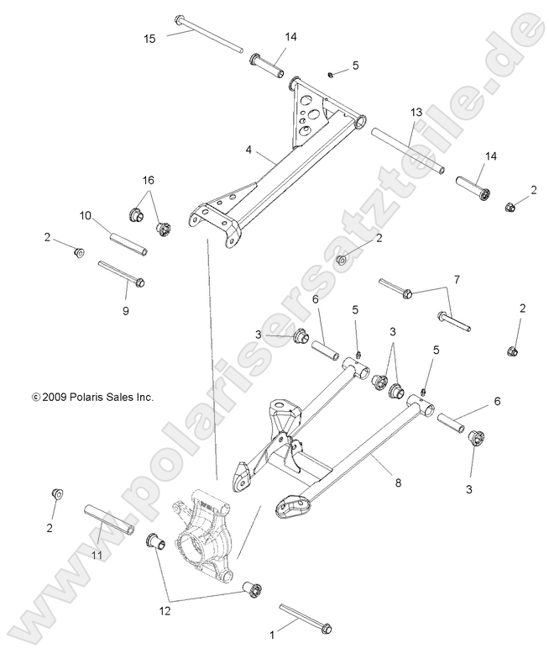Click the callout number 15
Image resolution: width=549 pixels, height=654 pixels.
pyautogui.click(x=149, y=39)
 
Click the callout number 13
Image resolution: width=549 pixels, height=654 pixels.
pyautogui.click(x=416, y=112)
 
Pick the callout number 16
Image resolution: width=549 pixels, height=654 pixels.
pyautogui.click(x=148, y=180)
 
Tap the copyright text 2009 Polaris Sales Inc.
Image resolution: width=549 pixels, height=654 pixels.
pyautogui.click(x=92, y=395)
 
